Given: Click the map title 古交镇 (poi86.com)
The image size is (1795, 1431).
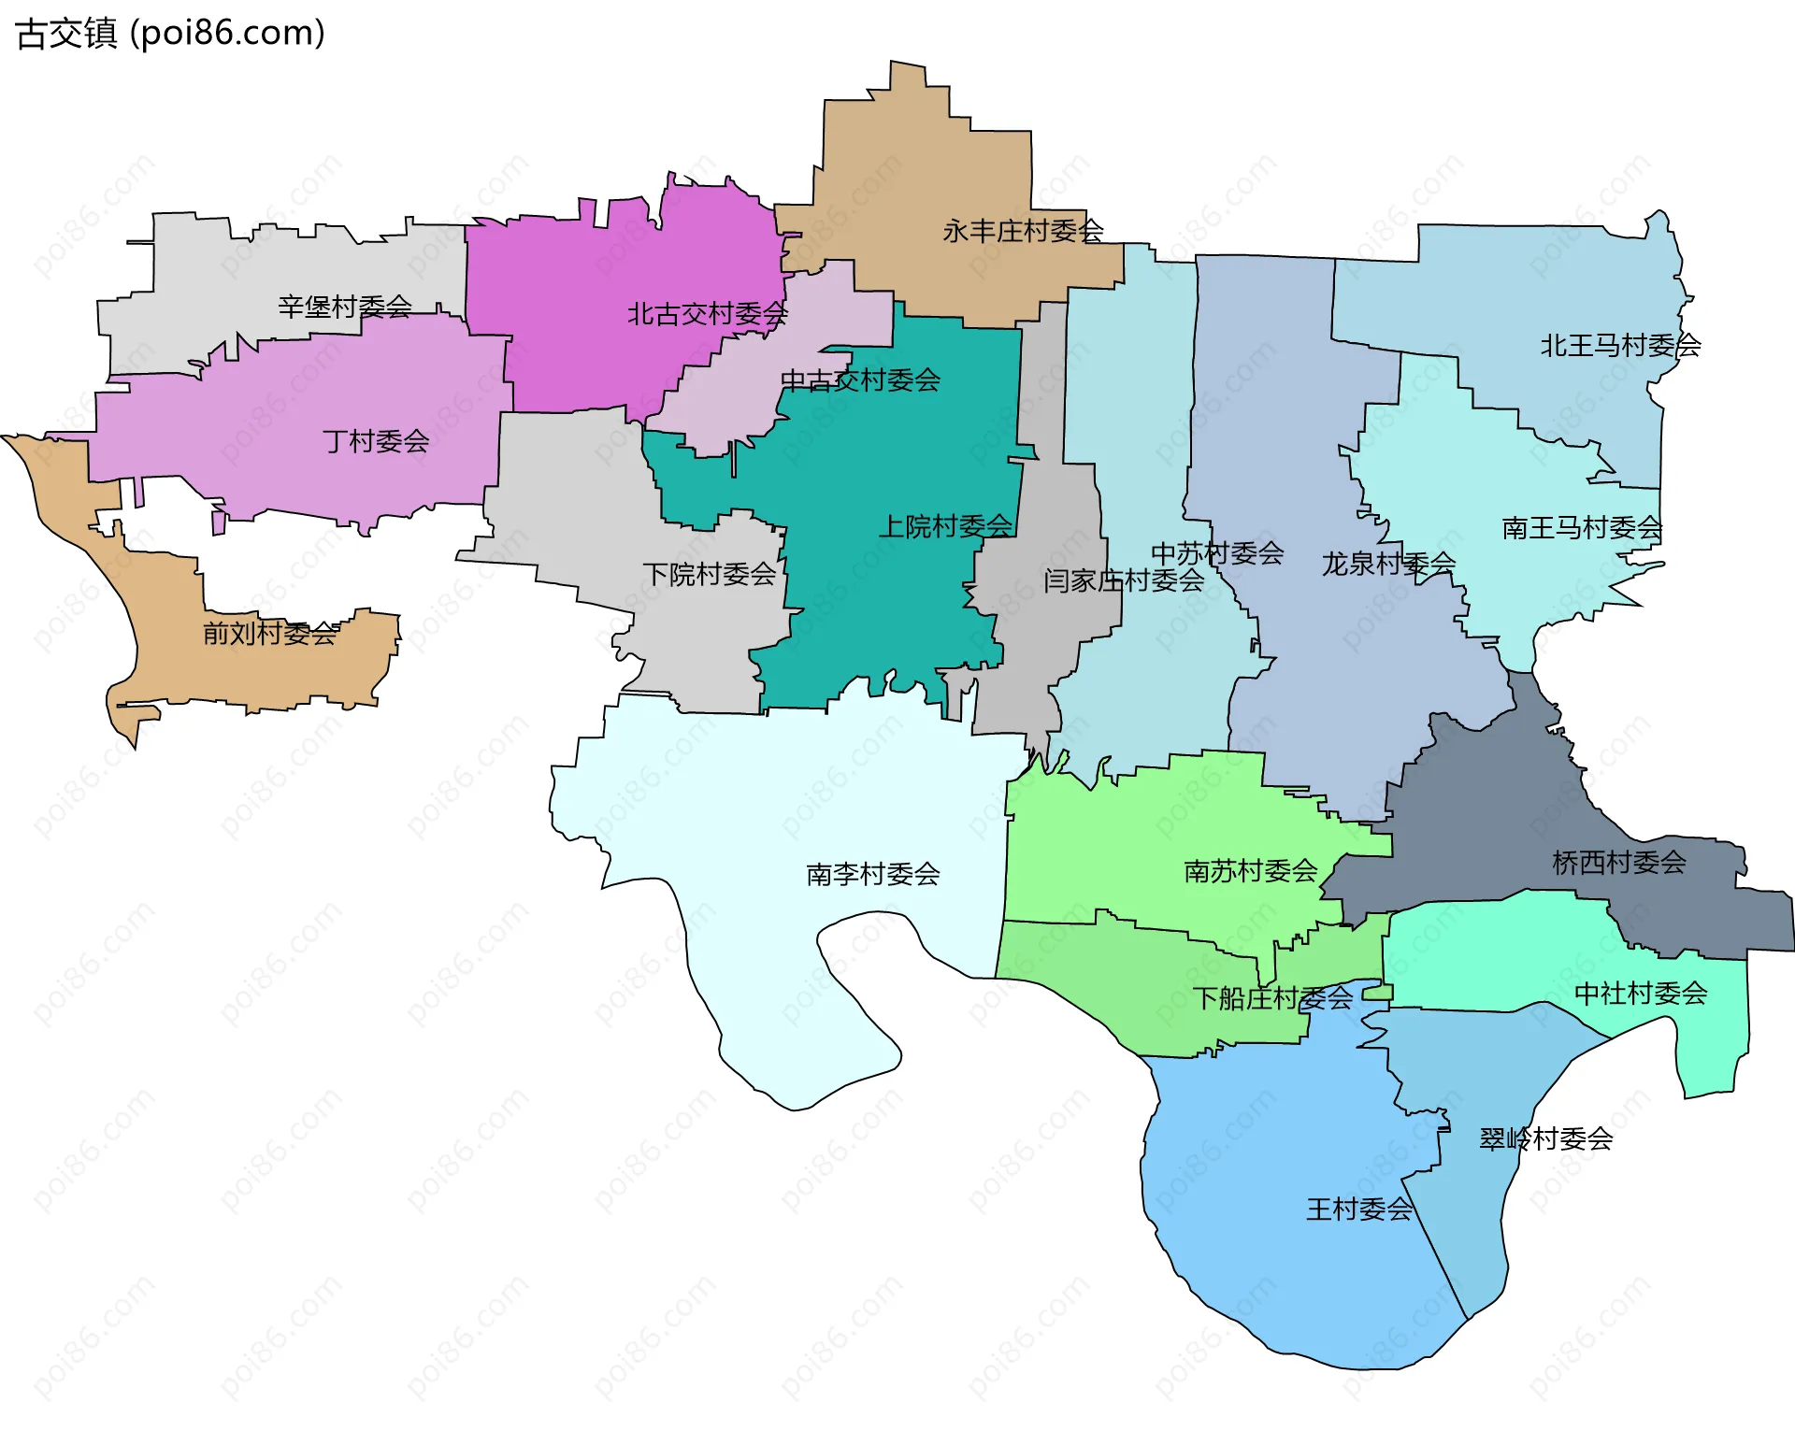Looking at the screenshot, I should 170,33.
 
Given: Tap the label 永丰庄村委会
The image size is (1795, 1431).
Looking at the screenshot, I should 1023,230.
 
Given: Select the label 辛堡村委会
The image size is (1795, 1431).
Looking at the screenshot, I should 344,306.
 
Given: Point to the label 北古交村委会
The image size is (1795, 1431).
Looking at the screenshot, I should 707,314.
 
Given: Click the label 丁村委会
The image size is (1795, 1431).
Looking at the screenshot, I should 375,440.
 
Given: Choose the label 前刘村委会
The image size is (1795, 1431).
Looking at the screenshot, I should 270,633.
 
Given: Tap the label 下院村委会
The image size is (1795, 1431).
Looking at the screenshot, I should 709,573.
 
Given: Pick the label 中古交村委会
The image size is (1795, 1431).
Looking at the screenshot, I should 860,379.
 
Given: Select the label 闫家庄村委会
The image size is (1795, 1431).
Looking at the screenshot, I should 1124,580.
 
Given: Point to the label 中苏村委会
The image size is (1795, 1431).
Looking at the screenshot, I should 1216,552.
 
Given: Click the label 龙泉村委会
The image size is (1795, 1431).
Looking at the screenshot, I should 1388,564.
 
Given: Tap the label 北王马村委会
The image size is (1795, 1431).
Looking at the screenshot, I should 1620,345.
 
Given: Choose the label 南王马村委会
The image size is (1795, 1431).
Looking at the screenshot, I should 1582,527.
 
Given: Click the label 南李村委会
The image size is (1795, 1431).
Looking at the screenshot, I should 872,874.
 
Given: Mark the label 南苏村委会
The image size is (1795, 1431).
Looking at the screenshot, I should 1250,871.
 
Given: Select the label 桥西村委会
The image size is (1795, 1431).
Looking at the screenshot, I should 1618,862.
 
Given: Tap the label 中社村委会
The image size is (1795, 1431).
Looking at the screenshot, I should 1641,993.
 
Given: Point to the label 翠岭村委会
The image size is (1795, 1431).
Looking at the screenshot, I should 1545,1138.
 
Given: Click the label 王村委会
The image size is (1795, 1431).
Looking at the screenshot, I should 1358,1209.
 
